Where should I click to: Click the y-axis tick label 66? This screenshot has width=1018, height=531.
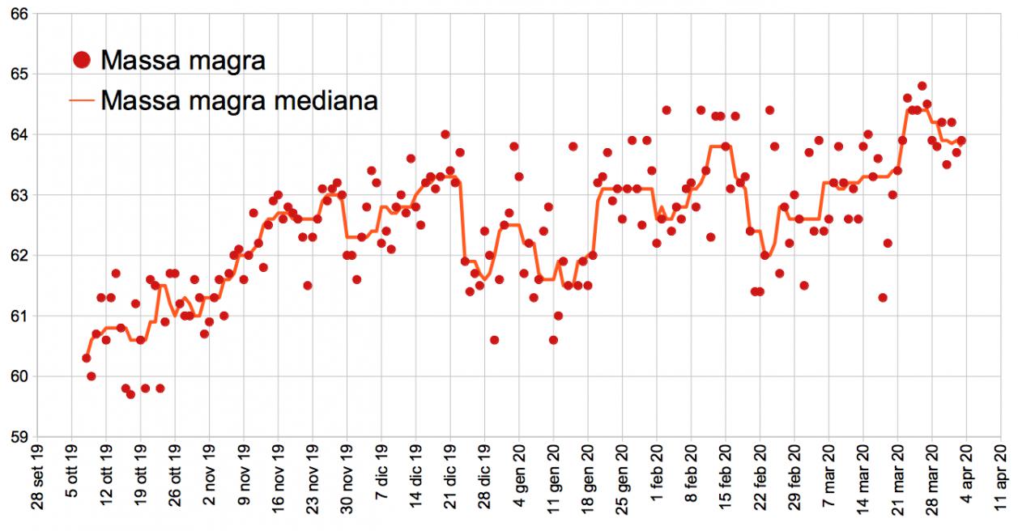(18, 14)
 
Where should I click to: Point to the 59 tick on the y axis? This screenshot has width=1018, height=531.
(18, 437)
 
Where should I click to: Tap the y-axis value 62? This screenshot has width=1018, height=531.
(18, 256)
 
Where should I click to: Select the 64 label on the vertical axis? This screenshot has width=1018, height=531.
(18, 134)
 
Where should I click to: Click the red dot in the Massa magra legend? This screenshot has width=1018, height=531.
(81, 60)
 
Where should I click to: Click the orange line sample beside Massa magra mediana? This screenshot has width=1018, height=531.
(81, 101)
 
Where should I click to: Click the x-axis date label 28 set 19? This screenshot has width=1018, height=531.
(37, 482)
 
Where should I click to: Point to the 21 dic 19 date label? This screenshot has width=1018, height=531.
(451, 482)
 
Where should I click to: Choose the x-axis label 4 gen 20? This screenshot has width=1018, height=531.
(520, 482)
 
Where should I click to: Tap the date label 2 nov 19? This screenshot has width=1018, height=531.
(210, 482)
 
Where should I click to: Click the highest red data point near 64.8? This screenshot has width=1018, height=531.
(922, 86)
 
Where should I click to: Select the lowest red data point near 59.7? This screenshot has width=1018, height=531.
(130, 394)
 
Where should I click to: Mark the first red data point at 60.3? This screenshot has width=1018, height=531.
(87, 358)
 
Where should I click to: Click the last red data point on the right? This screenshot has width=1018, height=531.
(961, 141)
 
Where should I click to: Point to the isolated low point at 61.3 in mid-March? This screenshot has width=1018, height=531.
(883, 298)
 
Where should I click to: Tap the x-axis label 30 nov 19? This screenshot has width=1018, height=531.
(347, 482)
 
